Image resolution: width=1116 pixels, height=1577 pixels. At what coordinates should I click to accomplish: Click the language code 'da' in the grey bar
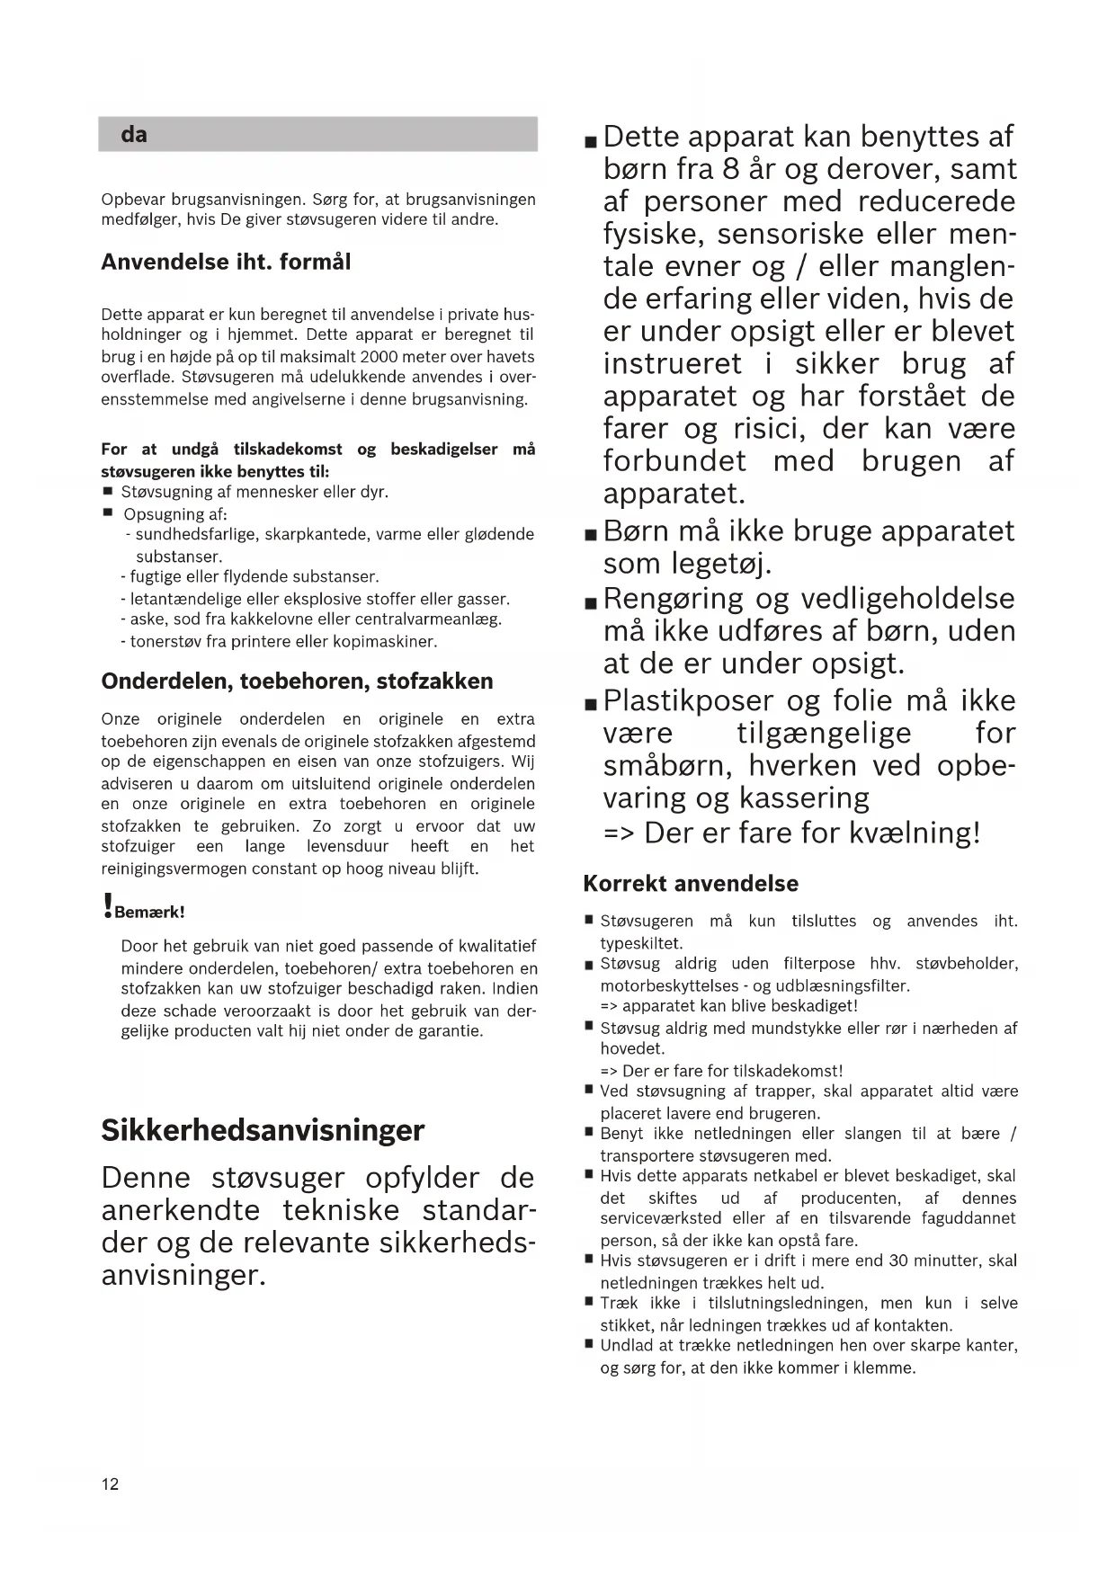[134, 135]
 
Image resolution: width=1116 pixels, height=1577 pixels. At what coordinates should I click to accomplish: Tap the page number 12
[110, 1483]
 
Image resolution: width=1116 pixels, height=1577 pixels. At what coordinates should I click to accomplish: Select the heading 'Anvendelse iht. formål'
[226, 263]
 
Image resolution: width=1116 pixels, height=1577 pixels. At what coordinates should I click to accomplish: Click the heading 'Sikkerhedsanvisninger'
[263, 1129]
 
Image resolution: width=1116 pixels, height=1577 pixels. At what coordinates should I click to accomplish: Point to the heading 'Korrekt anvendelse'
[691, 883]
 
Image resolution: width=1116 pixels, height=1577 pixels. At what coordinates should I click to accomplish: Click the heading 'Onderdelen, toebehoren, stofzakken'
[297, 681]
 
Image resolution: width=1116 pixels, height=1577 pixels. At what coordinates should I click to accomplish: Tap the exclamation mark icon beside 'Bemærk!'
[109, 905]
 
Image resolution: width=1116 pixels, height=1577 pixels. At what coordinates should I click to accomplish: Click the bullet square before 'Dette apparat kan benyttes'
[590, 142]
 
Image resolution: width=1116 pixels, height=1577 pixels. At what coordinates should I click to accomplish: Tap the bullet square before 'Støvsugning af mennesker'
[108, 492]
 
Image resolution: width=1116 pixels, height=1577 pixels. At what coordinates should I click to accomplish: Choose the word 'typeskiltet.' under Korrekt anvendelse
[641, 943]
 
